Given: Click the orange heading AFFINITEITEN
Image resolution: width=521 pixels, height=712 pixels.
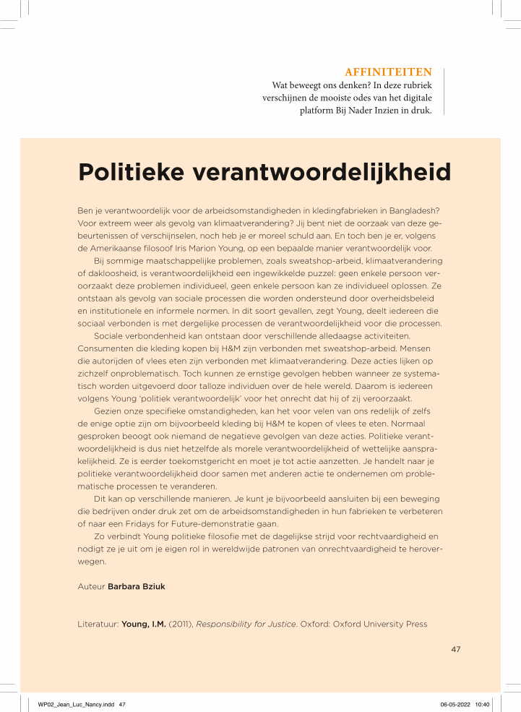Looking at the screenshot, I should (x=389, y=72).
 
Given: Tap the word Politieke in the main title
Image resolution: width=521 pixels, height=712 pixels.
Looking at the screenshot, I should (x=136, y=173).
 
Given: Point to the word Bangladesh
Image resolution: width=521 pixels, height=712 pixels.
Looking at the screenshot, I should (x=399, y=210).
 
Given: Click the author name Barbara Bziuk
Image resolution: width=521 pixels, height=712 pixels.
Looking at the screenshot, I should (x=136, y=586).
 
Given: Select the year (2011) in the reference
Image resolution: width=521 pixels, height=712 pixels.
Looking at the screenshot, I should (x=181, y=624).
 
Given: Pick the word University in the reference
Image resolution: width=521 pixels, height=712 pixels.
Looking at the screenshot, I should (x=369, y=624).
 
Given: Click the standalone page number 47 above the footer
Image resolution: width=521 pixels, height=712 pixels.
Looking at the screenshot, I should (x=455, y=649).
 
